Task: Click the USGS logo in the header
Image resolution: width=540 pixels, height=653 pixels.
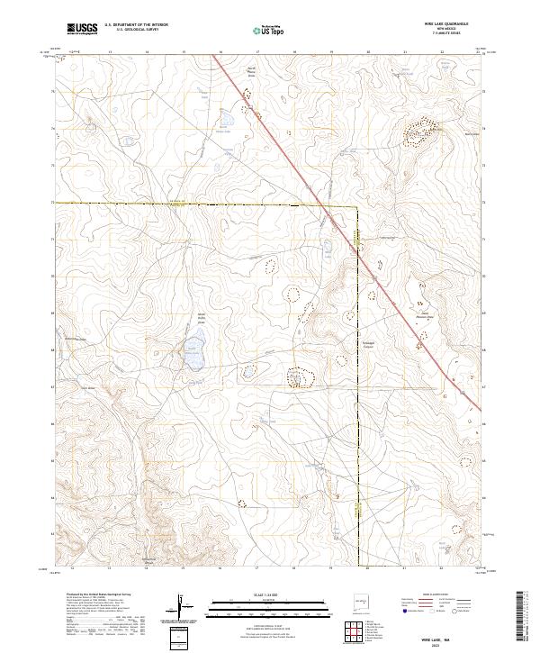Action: point(82,30)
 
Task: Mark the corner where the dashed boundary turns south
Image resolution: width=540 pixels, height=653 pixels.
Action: point(357,207)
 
